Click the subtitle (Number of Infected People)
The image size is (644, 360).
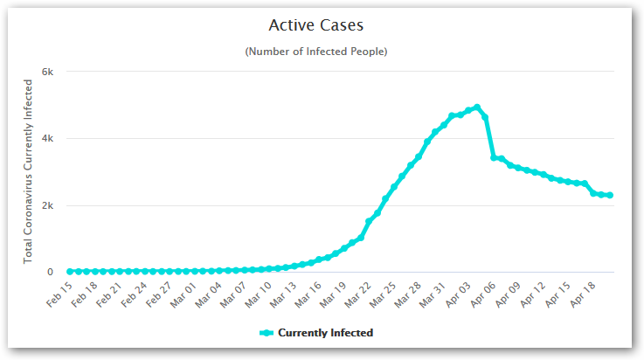pyautogui.click(x=316, y=52)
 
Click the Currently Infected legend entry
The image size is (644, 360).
pyautogui.click(x=316, y=332)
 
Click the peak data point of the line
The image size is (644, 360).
pyautogui.click(x=476, y=107)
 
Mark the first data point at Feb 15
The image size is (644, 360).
pyautogui.click(x=70, y=272)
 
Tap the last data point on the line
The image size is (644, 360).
pyautogui.click(x=609, y=195)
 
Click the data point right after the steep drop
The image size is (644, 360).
pyautogui.click(x=494, y=158)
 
